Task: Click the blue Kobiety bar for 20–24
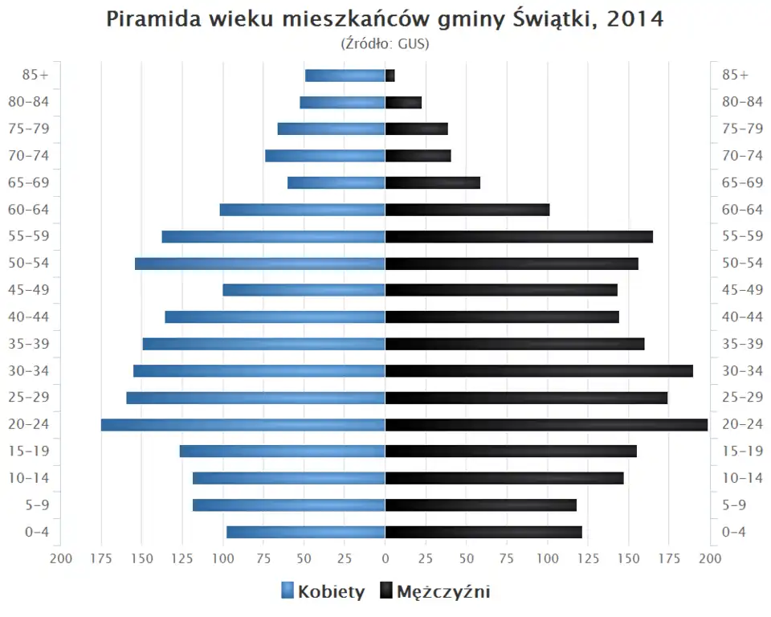point(243,424)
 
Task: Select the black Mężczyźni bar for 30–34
point(539,370)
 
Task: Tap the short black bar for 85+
point(390,76)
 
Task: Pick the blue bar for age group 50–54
point(260,264)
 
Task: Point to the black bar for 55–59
point(519,236)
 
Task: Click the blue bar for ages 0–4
point(306,532)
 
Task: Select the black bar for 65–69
point(433,182)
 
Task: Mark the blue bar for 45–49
point(304,290)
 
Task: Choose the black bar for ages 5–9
point(481,505)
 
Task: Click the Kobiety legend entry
point(323,592)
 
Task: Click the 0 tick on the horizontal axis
point(385,558)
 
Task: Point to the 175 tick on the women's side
point(101,558)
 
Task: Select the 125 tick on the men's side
point(588,558)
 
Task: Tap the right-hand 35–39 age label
point(742,344)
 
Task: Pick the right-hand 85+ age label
point(735,76)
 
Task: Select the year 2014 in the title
point(635,19)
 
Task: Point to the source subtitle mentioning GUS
point(385,43)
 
